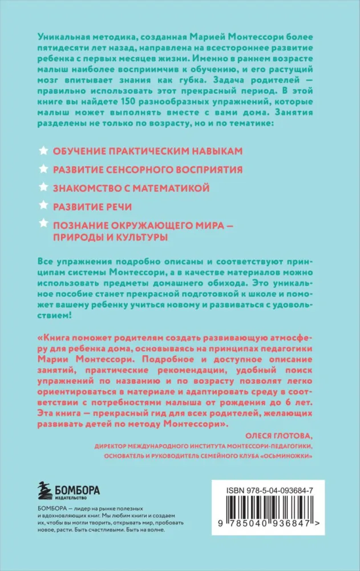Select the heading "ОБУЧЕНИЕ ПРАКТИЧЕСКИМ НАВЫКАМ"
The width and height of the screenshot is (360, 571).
pyautogui.click(x=148, y=151)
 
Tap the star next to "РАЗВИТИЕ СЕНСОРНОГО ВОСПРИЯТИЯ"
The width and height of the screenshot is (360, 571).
pyautogui.click(x=42, y=169)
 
